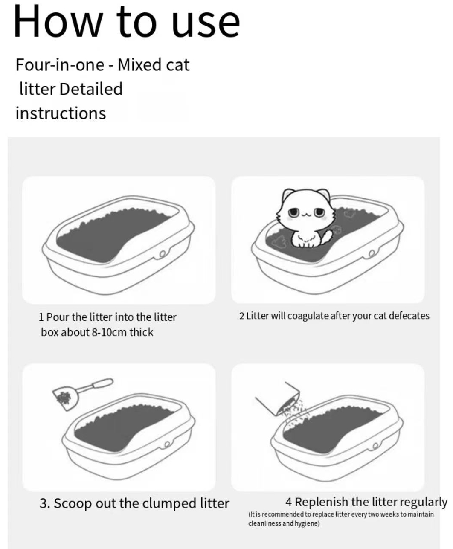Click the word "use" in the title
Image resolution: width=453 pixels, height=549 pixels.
click(206, 24)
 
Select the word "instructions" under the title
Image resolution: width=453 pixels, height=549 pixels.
click(61, 113)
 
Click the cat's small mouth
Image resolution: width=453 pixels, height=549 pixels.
click(306, 215)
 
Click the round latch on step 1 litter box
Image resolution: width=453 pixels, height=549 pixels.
click(163, 254)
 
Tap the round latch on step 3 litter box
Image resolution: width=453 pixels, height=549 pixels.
click(167, 444)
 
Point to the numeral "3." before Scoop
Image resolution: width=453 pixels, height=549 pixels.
click(45, 503)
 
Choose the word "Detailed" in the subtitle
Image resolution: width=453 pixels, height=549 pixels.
click(91, 89)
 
